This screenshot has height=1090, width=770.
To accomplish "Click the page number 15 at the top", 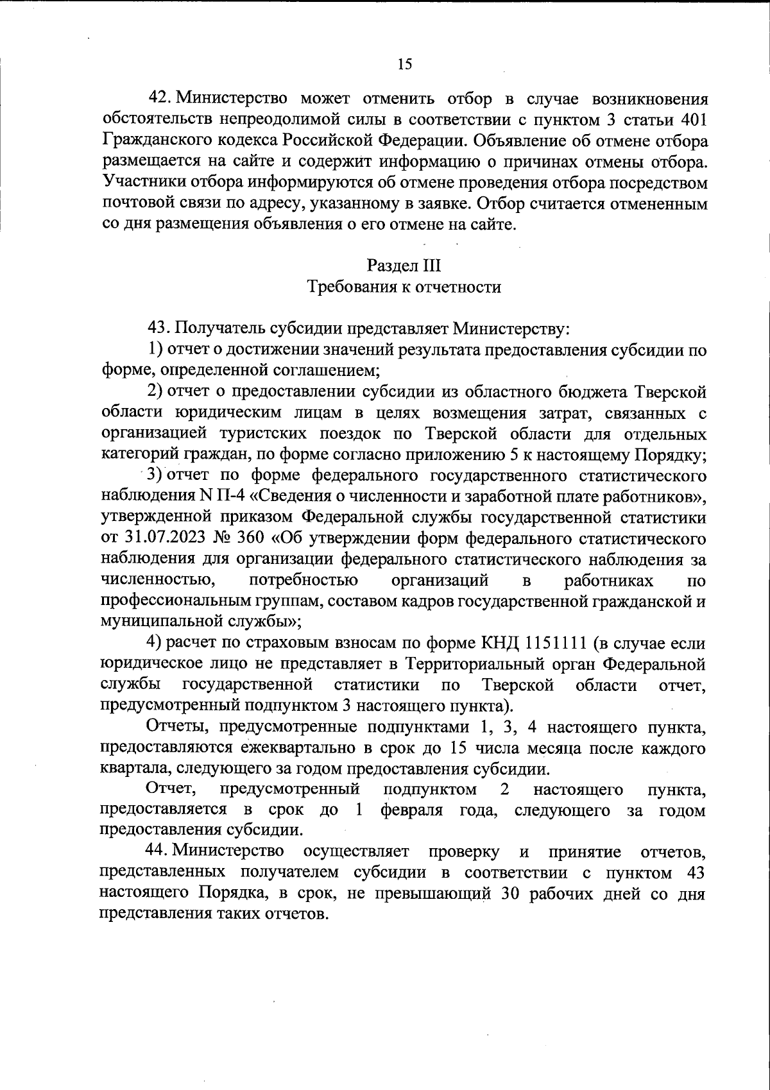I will point(404,64).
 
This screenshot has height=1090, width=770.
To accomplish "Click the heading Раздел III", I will point(404,265).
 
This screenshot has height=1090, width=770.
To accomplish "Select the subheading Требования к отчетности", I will point(404,287).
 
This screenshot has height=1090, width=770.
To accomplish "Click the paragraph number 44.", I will point(158,851).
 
